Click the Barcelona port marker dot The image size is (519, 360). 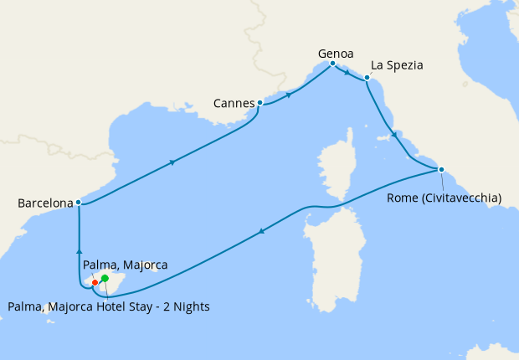coord(78,202)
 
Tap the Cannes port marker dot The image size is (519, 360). coord(260,103)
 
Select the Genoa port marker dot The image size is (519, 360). coord(332,64)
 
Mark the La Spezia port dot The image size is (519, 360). coord(367,79)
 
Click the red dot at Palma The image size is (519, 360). coord(95,282)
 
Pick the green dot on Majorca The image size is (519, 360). coord(105,278)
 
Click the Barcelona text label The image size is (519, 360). coord(44,203)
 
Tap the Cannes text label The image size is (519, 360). coord(234,104)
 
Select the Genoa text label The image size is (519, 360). coord(336,54)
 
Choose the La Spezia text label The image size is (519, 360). coord(397,64)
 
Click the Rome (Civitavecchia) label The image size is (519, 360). coord(444,198)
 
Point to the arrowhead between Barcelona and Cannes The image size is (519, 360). coord(172,162)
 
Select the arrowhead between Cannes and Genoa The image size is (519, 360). coord(290,95)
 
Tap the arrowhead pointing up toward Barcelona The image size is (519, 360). coord(79,249)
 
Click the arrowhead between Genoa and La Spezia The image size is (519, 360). coord(347,73)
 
